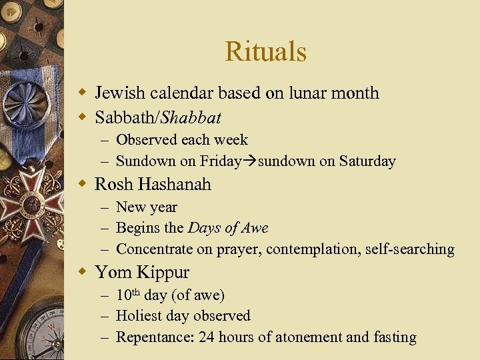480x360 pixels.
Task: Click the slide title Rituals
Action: [x=265, y=52]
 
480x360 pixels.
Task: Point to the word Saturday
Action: [x=367, y=161]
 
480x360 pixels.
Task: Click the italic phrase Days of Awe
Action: [x=228, y=228]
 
